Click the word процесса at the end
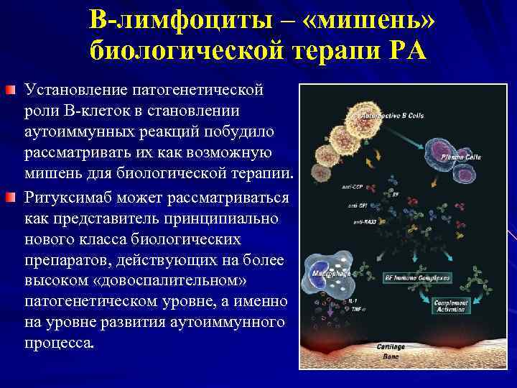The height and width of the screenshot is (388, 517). [x=59, y=343]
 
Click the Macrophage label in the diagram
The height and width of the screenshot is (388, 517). [x=331, y=274]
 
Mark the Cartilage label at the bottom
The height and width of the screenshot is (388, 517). [x=391, y=346]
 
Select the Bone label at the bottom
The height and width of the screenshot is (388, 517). [x=390, y=356]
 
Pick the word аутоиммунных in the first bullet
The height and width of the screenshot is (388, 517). [x=80, y=133]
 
